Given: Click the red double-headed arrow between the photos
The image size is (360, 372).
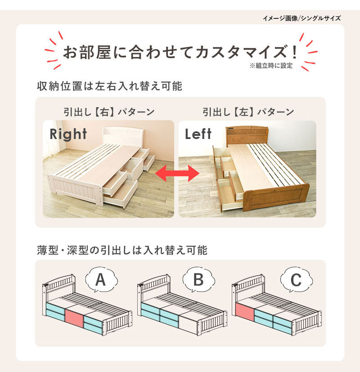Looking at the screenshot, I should (176, 173).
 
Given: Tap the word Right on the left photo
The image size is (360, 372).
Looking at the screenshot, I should (68, 134).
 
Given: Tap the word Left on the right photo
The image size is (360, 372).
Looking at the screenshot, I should (198, 134).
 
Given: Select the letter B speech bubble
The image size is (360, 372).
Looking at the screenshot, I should (198, 280).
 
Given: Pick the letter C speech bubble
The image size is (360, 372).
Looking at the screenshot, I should (295, 280).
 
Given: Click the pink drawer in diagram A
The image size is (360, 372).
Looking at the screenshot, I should (75, 318).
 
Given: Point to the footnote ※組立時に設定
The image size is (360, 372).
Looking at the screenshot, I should (271, 66).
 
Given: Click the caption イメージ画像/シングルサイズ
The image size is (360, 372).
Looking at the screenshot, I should (301, 18).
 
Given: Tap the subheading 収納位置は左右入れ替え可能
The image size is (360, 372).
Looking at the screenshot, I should (110, 86).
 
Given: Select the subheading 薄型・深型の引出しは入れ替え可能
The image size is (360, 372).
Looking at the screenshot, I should (122, 250).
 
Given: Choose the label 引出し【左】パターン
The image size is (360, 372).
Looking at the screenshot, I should (248, 112).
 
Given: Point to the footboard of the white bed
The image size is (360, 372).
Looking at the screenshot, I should (75, 189).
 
